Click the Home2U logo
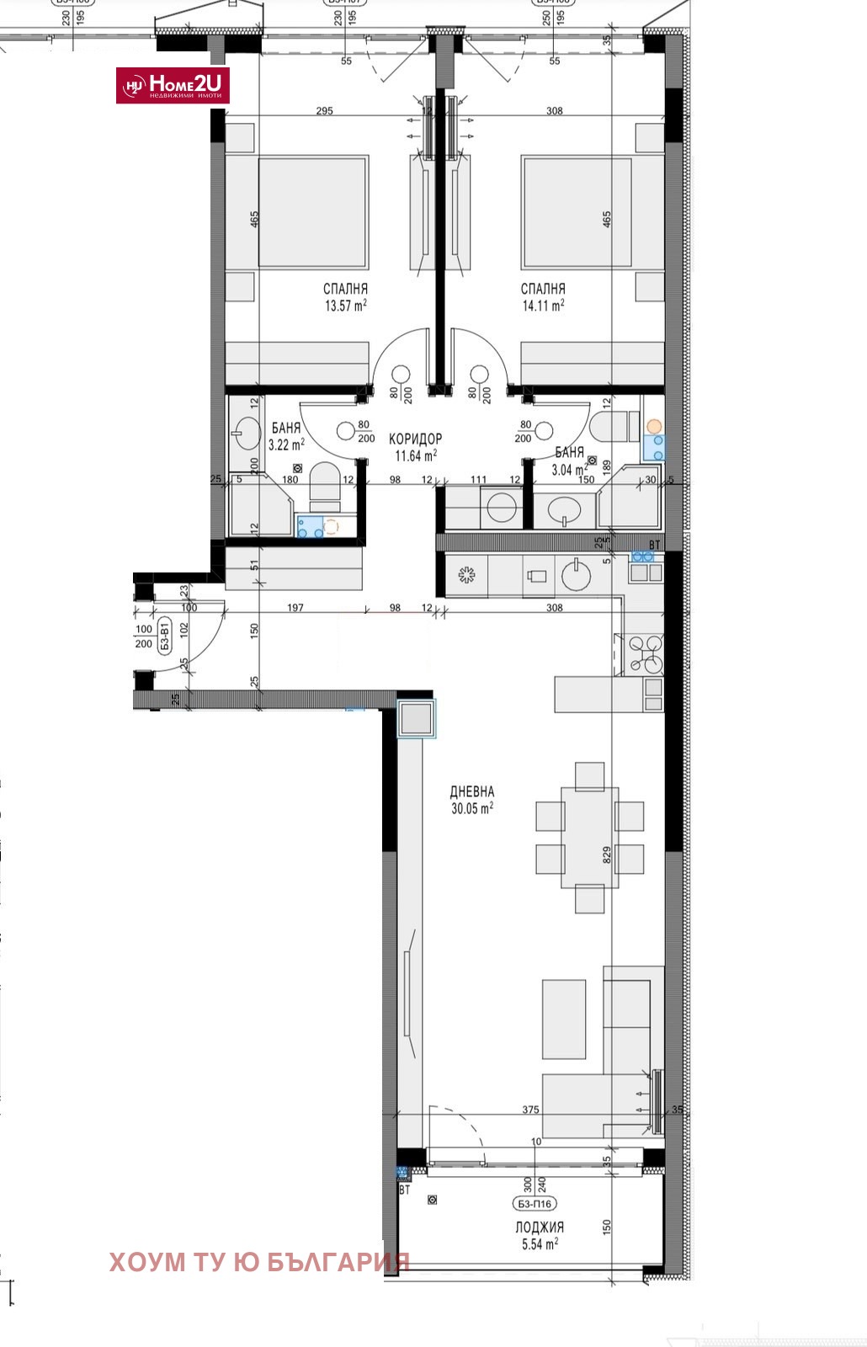click(x=173, y=85)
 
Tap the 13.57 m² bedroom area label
click(x=346, y=298)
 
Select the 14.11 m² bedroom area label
click(x=543, y=298)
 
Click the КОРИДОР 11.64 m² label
click(x=416, y=447)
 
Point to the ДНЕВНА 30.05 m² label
click(x=471, y=799)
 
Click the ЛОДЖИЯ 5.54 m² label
click(x=540, y=1235)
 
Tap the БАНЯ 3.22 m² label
click(x=286, y=436)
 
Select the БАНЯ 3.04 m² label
click(x=570, y=461)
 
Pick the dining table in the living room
click(x=590, y=837)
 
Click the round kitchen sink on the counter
click(x=577, y=576)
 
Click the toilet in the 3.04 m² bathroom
click(x=610, y=426)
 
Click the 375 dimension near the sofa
click(x=530, y=1110)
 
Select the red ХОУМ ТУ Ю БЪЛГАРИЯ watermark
click(x=259, y=1261)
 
